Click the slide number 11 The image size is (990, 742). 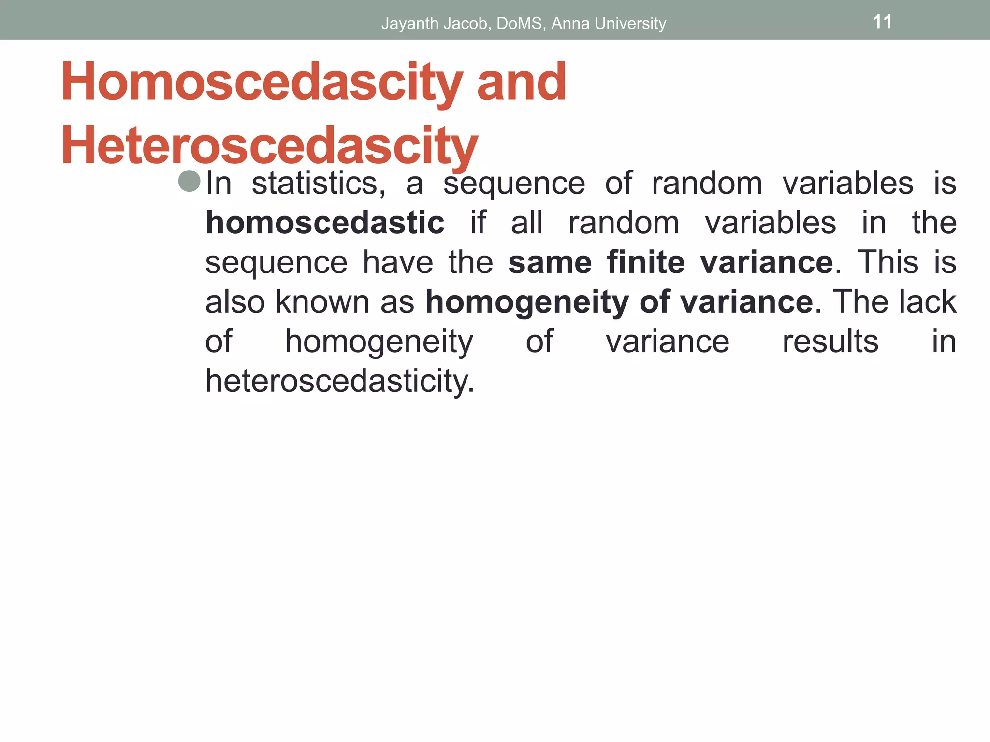pyautogui.click(x=882, y=22)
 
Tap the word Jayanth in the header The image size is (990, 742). pyautogui.click(x=410, y=23)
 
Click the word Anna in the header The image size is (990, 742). pyautogui.click(x=570, y=23)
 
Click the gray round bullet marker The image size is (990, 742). pyautogui.click(x=189, y=182)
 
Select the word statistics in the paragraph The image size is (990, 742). pyautogui.click(x=318, y=184)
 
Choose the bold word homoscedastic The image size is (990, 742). pyautogui.click(x=325, y=223)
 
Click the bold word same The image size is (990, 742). pyautogui.click(x=550, y=263)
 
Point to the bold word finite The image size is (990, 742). pyautogui.click(x=645, y=263)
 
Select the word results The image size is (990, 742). pyautogui.click(x=830, y=342)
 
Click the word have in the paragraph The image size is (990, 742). pyautogui.click(x=398, y=263)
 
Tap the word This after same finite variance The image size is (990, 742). pyautogui.click(x=888, y=263)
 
